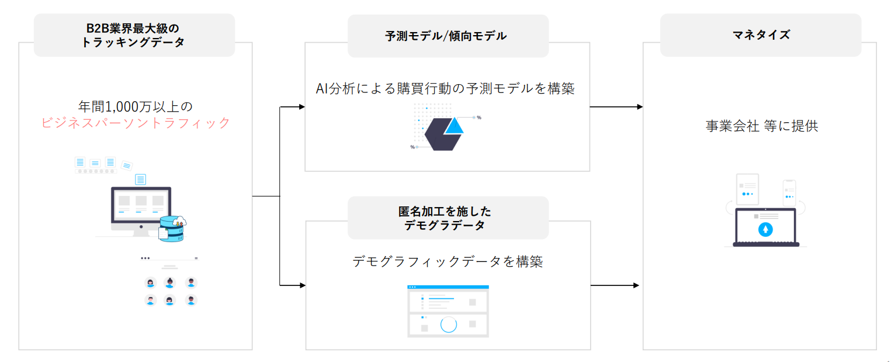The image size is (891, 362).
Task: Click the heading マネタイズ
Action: pos(760,35)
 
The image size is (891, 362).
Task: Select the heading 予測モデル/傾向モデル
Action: pos(446,36)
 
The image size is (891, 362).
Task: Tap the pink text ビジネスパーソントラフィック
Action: pos(136,123)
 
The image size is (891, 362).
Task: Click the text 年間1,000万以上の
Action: pos(136,106)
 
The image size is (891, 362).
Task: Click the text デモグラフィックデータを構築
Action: pos(448,261)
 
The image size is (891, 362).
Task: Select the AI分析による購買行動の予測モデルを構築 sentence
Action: pos(445,88)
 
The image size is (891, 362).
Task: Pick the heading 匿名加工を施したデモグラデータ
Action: pos(448,218)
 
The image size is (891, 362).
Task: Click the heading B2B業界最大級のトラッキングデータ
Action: pos(134,35)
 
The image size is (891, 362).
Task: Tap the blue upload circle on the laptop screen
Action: pos(765,229)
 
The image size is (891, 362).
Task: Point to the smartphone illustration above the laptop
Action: pos(789,192)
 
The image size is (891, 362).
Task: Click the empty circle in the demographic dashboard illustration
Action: pos(448,325)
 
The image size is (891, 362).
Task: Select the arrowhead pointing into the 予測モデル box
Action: pos(301,107)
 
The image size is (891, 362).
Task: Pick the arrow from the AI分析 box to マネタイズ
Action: pos(616,107)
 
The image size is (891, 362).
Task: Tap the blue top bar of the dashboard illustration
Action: pos(448,287)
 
